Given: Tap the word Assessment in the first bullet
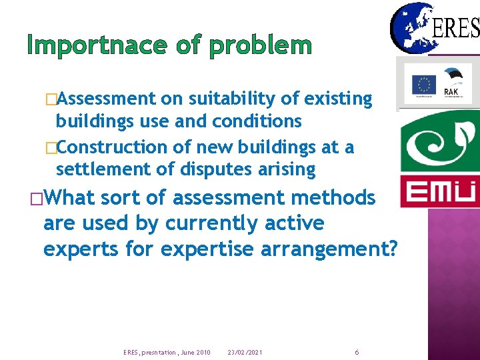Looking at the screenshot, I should click(107, 99).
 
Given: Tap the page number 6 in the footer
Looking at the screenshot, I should click(357, 351).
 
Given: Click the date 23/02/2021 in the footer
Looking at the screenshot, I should click(245, 352).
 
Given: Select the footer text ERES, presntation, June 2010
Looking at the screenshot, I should click(167, 352).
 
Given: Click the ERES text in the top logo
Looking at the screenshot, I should click(456, 28).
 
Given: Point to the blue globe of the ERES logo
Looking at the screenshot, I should click(411, 28).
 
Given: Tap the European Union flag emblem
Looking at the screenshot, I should click(423, 85).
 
